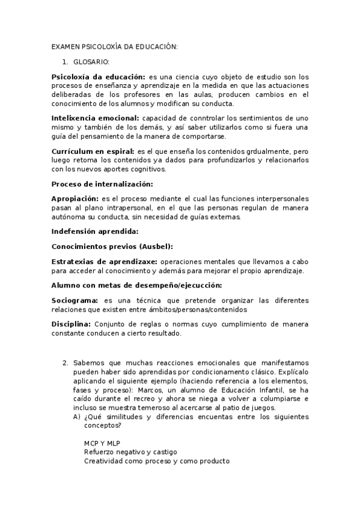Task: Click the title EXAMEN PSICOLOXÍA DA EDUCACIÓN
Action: [x=114, y=47]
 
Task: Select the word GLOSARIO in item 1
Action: [x=91, y=61]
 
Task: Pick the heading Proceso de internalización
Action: [x=102, y=183]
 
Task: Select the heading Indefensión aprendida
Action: [x=95, y=231]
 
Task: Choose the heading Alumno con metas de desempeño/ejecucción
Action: [x=136, y=284]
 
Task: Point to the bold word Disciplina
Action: [x=71, y=324]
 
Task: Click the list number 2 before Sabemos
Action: [x=65, y=363]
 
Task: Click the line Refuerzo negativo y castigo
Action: [x=130, y=452]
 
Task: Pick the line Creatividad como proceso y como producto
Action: [x=157, y=461]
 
